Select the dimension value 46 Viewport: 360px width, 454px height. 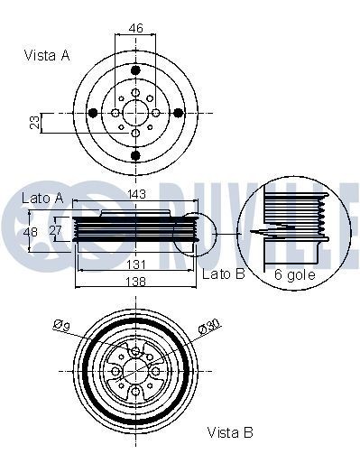point(136,29)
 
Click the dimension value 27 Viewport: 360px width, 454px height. point(57,231)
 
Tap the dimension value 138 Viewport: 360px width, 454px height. point(136,283)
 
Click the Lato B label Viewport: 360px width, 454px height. point(223,273)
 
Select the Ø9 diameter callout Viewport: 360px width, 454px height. point(61,323)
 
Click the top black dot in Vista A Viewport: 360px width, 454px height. point(135,69)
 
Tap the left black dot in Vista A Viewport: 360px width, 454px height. point(92,113)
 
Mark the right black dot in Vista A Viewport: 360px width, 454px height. point(178,113)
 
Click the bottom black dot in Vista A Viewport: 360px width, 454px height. point(135,155)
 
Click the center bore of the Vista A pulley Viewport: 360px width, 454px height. point(135,113)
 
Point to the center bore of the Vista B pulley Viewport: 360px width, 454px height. point(135,370)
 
